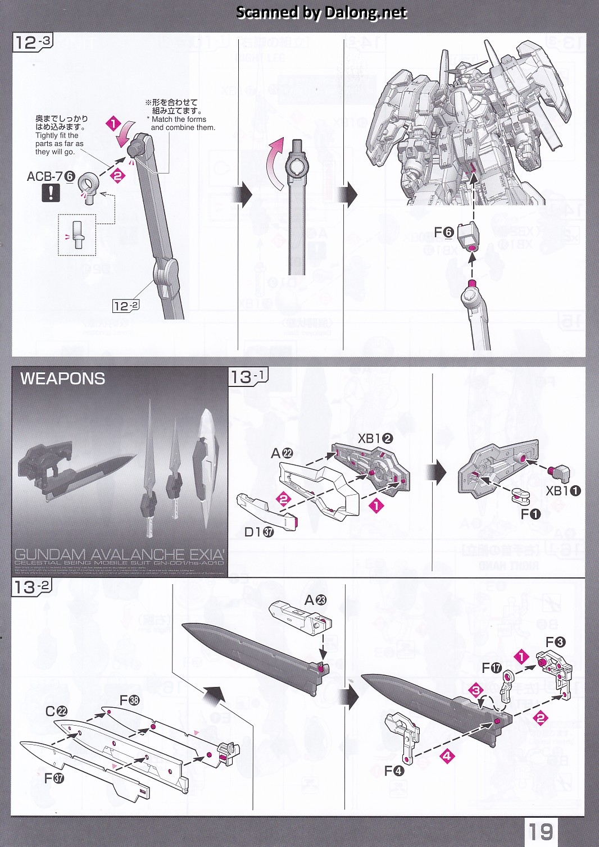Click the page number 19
[539, 831]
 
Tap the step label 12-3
[32, 42]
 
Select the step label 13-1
[248, 376]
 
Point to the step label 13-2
[32, 587]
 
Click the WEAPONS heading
[62, 379]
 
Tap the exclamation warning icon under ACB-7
[51, 193]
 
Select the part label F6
[443, 233]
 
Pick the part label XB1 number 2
[375, 439]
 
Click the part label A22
[282, 453]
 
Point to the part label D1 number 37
[258, 532]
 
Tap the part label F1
[530, 514]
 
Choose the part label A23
[315, 600]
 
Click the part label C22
[56, 712]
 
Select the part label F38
[129, 700]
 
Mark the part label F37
[55, 778]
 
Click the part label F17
[492, 668]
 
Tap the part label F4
[394, 771]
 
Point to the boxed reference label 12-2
[126, 306]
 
